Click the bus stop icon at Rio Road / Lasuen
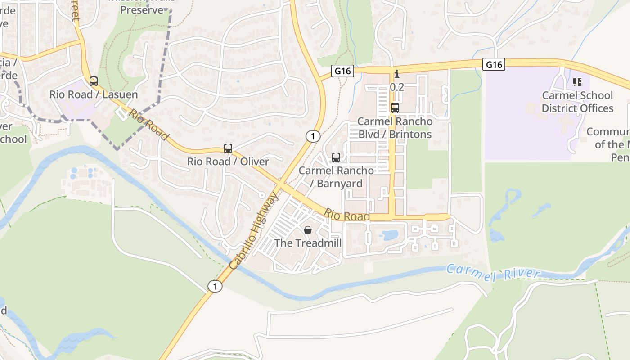pyautogui.click(x=94, y=81)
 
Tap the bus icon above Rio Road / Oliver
pyautogui.click(x=228, y=148)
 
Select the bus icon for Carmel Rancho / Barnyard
pyautogui.click(x=336, y=157)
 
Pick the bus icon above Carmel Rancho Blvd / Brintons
pyautogui.click(x=395, y=108)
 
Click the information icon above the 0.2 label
pyautogui.click(x=396, y=74)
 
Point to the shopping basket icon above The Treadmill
pyautogui.click(x=308, y=230)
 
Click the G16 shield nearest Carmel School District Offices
pyautogui.click(x=494, y=65)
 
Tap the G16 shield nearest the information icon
pyautogui.click(x=342, y=71)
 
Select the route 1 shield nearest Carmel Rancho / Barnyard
pyautogui.click(x=313, y=136)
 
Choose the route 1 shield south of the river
pyautogui.click(x=216, y=286)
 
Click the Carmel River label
pyautogui.click(x=493, y=273)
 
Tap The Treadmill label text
pyautogui.click(x=308, y=243)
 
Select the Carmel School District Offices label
pyautogui.click(x=577, y=102)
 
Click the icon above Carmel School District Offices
pyautogui.click(x=577, y=82)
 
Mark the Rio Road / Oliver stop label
pyautogui.click(x=228, y=162)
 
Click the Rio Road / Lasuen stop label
pyautogui.click(x=94, y=94)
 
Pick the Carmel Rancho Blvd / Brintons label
pyautogui.click(x=395, y=128)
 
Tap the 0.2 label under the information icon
pyautogui.click(x=397, y=87)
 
